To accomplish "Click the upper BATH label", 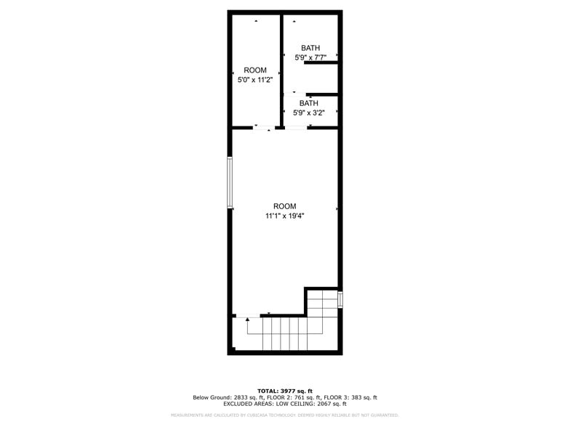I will click(310, 48).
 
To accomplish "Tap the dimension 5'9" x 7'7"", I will click(310, 57).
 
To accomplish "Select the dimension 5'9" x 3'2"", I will click(309, 113).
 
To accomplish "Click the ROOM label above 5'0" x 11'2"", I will click(255, 70).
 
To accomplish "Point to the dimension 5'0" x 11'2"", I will click(255, 80).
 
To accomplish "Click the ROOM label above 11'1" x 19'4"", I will click(285, 206).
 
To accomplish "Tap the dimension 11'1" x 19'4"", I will click(285, 216).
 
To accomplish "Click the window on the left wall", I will click(230, 182).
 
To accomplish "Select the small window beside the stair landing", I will click(340, 300).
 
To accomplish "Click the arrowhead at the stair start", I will click(248, 319).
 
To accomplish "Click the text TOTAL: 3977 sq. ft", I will click(285, 391).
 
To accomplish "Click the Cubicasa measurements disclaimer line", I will click(285, 415).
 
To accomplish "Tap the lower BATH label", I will click(309, 103).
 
